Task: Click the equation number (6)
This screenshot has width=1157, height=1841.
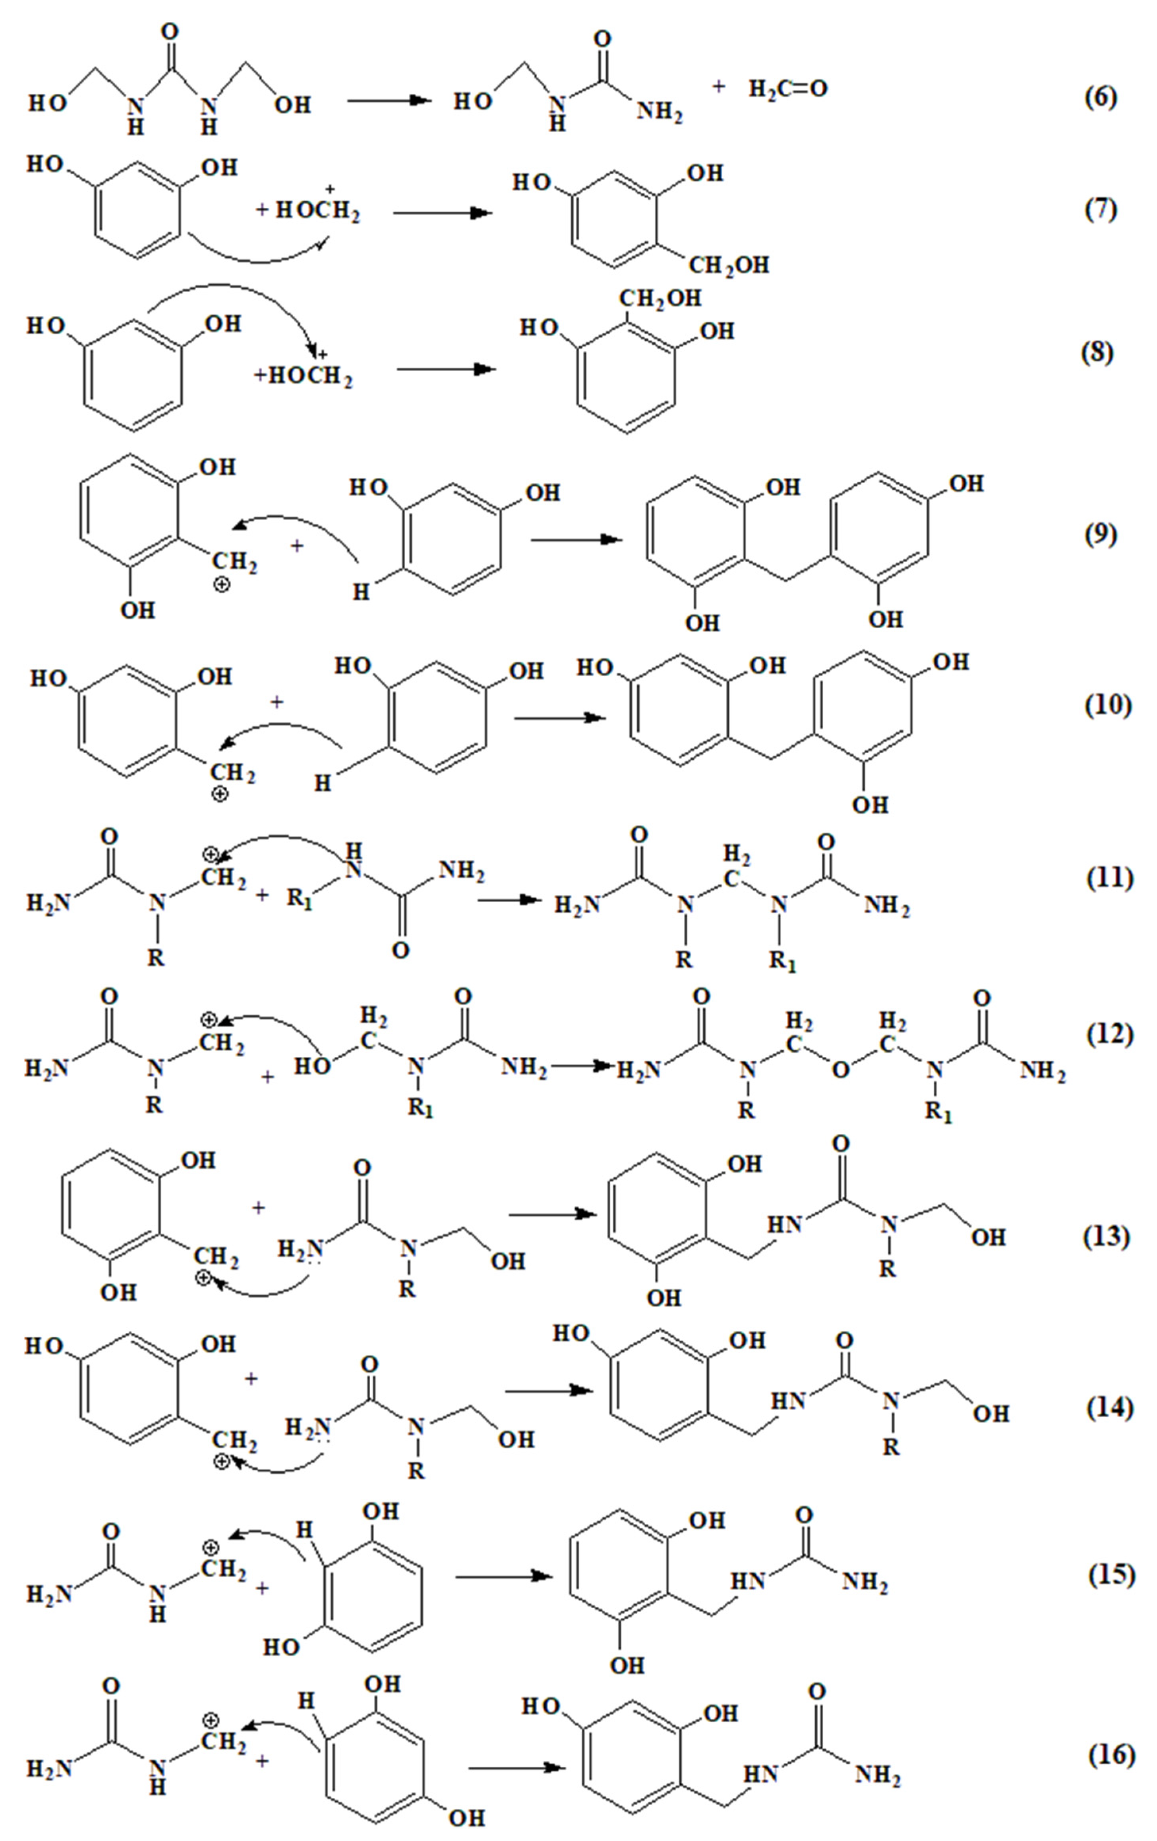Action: tap(1101, 97)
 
